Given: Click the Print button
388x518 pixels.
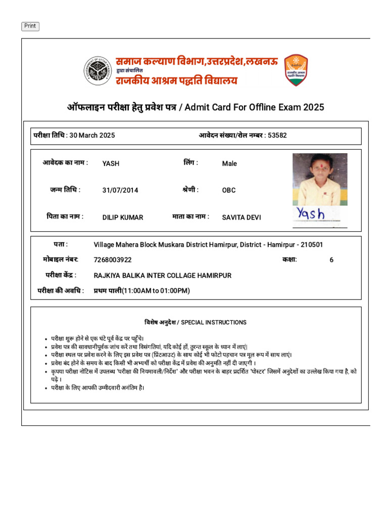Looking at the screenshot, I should coord(30,26).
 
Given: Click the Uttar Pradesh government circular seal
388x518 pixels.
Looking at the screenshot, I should coord(98,70).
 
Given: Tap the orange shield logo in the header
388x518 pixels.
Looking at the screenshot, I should coord(296,70).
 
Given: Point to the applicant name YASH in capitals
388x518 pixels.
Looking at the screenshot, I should coord(111,163).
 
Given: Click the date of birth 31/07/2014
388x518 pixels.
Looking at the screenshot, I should coord(120,191).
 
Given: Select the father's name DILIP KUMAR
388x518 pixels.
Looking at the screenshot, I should coord(123,218).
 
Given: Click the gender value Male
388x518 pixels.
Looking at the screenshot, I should coord(229,163).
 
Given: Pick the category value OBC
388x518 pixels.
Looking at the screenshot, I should coord(229,191).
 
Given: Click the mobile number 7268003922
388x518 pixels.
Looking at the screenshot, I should coord(113,260).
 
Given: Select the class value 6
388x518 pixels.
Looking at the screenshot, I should coord(331,260).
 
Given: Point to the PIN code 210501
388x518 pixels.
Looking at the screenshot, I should coord(312,245).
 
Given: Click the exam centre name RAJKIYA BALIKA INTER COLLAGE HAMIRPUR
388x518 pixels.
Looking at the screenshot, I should coord(163,276).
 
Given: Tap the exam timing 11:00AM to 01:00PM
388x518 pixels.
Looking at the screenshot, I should coord(156,291).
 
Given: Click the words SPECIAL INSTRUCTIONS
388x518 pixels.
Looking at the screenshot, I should coord(214,322).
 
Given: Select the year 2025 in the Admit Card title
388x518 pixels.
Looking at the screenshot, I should coord(314,107).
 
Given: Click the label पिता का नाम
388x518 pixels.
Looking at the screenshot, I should coord(65,217).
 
